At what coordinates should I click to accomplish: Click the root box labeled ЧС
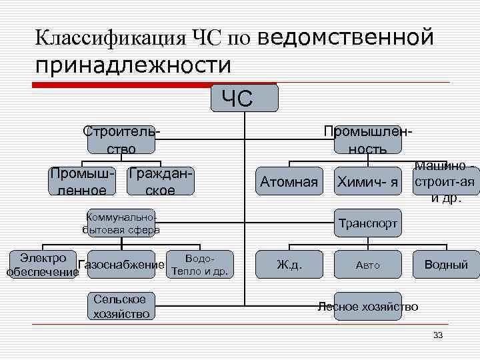(244, 98)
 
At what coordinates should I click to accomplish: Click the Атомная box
(289, 181)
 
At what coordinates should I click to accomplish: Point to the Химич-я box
(367, 181)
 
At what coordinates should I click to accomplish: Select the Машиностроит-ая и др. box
(445, 181)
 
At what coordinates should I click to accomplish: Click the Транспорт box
(367, 223)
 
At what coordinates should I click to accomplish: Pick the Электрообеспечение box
(43, 265)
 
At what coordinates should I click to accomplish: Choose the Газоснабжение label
(121, 265)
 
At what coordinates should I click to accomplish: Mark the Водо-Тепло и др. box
(199, 265)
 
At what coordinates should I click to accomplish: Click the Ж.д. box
(289, 265)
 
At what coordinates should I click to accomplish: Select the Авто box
(367, 265)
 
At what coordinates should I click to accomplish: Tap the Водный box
(446, 265)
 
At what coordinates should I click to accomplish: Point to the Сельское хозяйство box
(121, 306)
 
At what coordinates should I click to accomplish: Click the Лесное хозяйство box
(368, 307)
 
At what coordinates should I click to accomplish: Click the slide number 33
(437, 335)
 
